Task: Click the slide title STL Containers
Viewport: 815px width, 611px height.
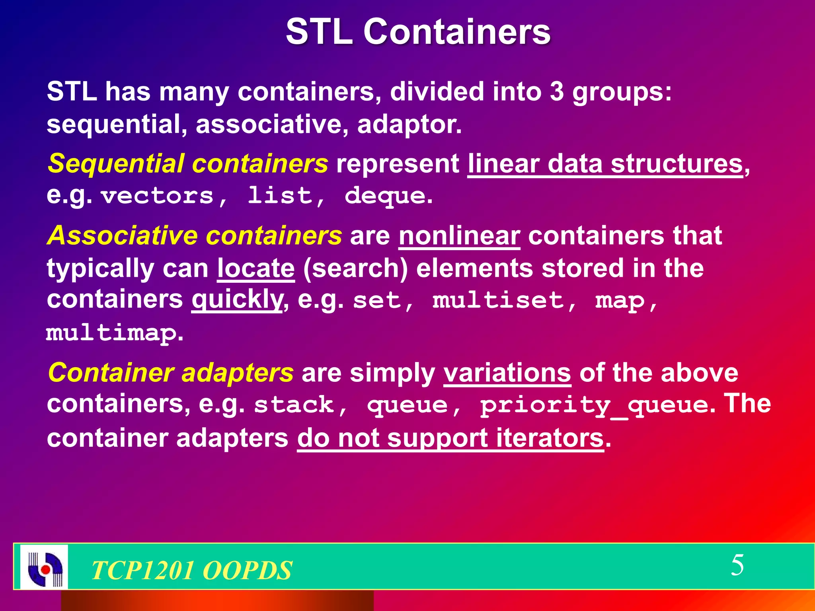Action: click(x=418, y=32)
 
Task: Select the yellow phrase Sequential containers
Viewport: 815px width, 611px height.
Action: click(x=187, y=163)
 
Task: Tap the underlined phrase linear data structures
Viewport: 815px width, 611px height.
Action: click(x=605, y=163)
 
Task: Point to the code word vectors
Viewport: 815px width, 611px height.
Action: click(x=157, y=196)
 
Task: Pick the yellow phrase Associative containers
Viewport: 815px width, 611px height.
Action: click(x=194, y=235)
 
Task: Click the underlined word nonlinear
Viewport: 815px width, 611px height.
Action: click(x=459, y=235)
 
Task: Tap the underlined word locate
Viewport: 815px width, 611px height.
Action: click(x=256, y=268)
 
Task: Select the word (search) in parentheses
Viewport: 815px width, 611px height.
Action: click(x=355, y=268)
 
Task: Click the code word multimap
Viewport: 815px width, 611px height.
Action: click(x=111, y=333)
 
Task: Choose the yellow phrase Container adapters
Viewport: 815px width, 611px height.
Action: click(x=170, y=373)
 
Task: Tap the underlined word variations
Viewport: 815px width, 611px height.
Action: click(x=507, y=373)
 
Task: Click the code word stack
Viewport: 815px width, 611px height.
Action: click(x=294, y=405)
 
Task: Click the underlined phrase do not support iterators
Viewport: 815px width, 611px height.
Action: click(x=450, y=438)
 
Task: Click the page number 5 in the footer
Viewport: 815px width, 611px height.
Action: click(x=737, y=565)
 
